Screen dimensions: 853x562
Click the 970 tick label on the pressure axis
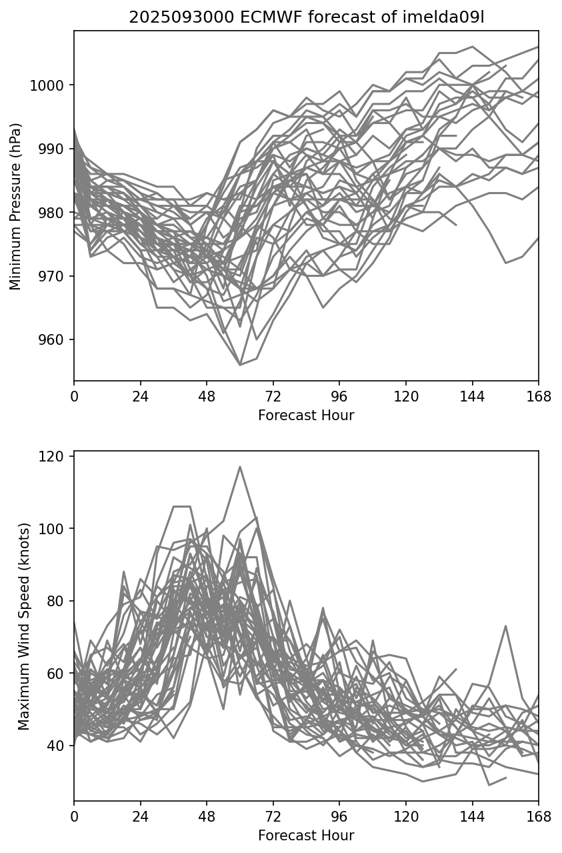[54, 276]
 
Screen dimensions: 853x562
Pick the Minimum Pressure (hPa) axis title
[16, 206]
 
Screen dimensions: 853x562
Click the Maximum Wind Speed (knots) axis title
[24, 626]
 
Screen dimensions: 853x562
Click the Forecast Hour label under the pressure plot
[306, 416]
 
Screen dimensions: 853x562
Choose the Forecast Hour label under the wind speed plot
[306, 836]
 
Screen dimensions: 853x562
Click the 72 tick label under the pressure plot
[273, 397]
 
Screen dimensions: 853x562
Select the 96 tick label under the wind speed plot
[339, 817]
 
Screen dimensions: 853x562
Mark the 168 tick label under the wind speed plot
[539, 817]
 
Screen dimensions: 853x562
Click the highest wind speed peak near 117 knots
[240, 467]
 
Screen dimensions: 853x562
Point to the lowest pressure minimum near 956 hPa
[240, 365]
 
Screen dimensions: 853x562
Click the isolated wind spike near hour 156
[506, 626]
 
